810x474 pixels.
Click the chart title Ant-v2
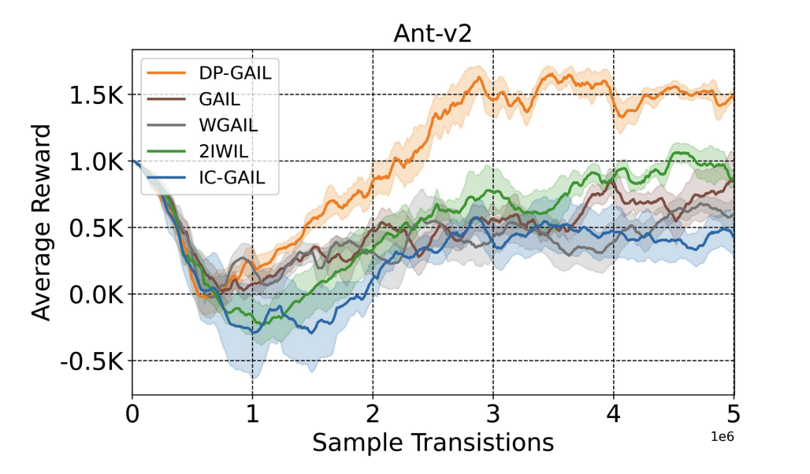click(433, 35)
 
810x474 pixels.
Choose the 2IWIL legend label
click(224, 151)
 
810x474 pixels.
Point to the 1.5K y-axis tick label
click(95, 96)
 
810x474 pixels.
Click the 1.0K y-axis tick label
click(95, 162)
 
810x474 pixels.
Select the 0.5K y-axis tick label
click(95, 228)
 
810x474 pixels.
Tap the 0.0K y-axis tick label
click(95, 295)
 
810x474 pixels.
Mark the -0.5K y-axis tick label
click(91, 361)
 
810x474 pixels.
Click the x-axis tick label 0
click(132, 414)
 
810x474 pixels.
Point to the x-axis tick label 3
click(493, 414)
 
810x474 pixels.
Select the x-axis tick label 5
click(734, 414)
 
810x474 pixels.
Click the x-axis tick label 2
click(373, 414)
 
